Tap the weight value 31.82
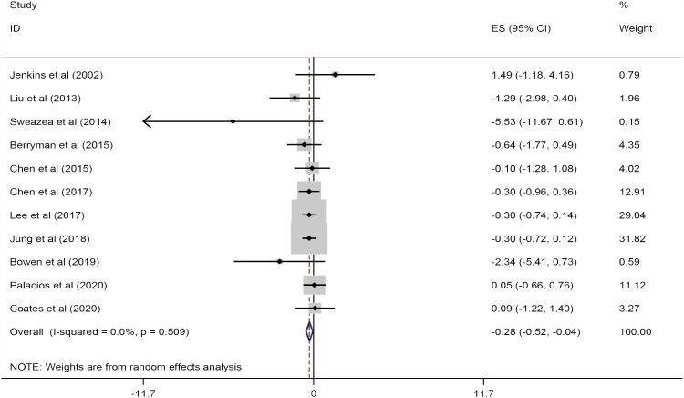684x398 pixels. click(x=631, y=238)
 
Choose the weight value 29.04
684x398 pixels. click(x=631, y=215)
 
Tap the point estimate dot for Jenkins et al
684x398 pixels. click(x=336, y=74)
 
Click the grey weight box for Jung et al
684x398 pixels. click(x=309, y=238)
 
